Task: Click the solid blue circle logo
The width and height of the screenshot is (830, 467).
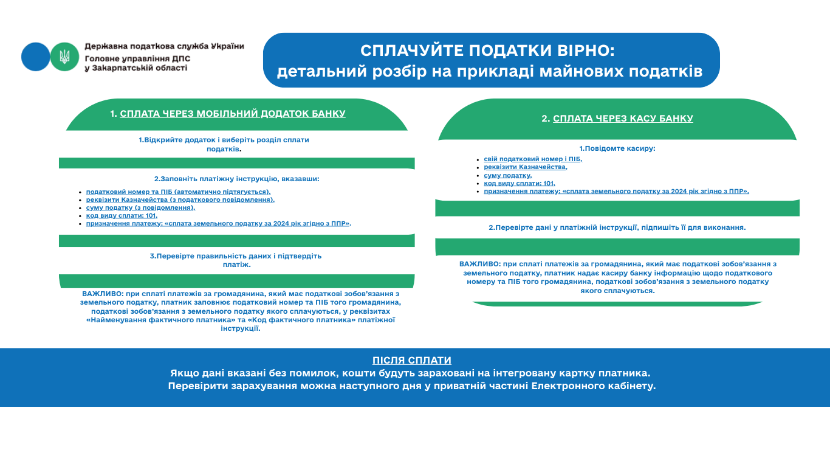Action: [35, 57]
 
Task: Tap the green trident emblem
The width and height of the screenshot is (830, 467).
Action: [64, 57]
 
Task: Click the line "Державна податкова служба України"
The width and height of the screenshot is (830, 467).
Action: [164, 46]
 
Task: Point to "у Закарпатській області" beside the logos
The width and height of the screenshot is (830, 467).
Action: [136, 68]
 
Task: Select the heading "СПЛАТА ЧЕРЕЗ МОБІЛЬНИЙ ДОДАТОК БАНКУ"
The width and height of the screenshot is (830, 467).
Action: [233, 114]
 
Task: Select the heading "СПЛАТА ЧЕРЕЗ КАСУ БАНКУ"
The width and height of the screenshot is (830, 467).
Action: [623, 119]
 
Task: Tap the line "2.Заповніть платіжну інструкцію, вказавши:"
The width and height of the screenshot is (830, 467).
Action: [236, 179]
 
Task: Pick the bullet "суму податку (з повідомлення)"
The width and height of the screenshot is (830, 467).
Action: [140, 207]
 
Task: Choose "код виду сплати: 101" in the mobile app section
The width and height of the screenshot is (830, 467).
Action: [122, 215]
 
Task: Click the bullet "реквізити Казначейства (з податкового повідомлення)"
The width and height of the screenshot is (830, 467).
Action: [180, 199]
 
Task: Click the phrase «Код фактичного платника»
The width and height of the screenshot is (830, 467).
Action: [301, 319]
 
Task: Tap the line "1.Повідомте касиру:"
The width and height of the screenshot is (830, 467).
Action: [617, 148]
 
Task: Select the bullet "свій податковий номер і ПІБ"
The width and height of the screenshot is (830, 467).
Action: [533, 159]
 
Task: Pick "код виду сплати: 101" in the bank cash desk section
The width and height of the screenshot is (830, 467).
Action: [520, 183]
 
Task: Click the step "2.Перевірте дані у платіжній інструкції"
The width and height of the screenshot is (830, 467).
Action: [617, 227]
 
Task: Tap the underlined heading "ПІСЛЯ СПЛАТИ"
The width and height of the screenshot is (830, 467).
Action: [412, 360]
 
